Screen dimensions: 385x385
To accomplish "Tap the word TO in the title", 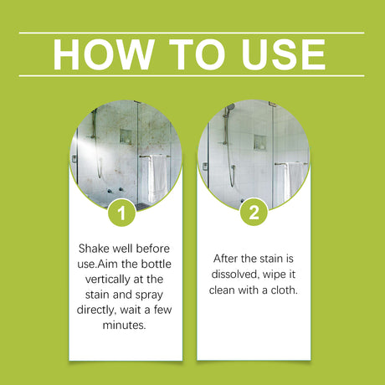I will click(192, 54).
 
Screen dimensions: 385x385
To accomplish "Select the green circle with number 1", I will click(124, 213).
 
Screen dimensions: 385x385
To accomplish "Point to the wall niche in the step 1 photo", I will click(125, 136).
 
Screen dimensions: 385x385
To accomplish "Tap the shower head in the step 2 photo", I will click(228, 107).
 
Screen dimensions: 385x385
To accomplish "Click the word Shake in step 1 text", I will click(95, 249).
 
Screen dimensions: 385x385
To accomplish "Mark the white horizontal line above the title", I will click(192, 33).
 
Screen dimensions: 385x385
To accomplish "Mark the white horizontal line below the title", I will click(192, 76).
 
